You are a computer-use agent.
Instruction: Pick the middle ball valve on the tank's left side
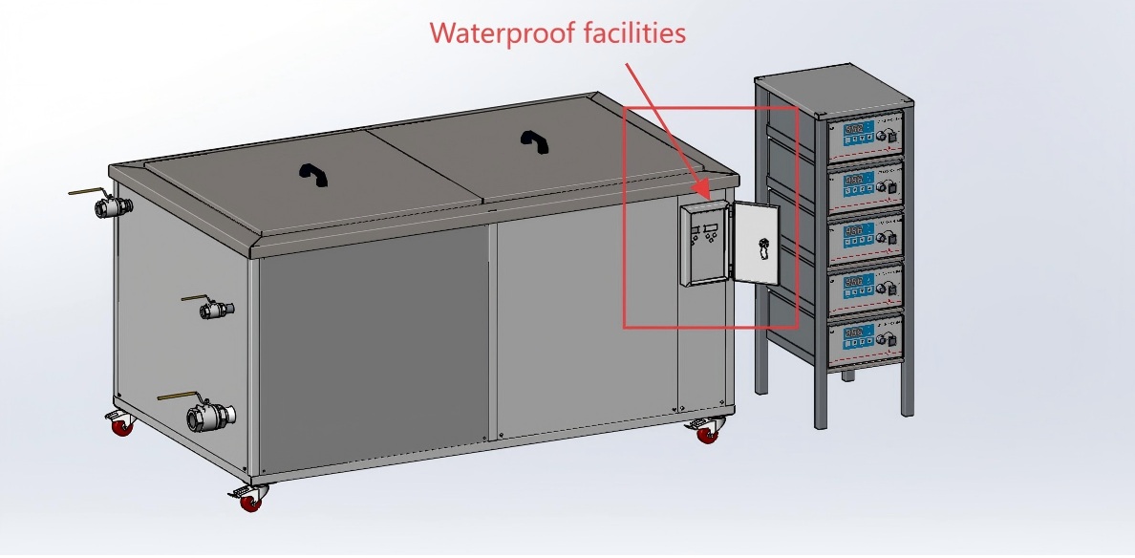coord(217,310)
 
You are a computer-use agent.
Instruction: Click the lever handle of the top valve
coord(86,192)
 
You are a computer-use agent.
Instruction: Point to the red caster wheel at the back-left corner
coord(121,428)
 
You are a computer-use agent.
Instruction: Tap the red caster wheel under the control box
coord(706,435)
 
